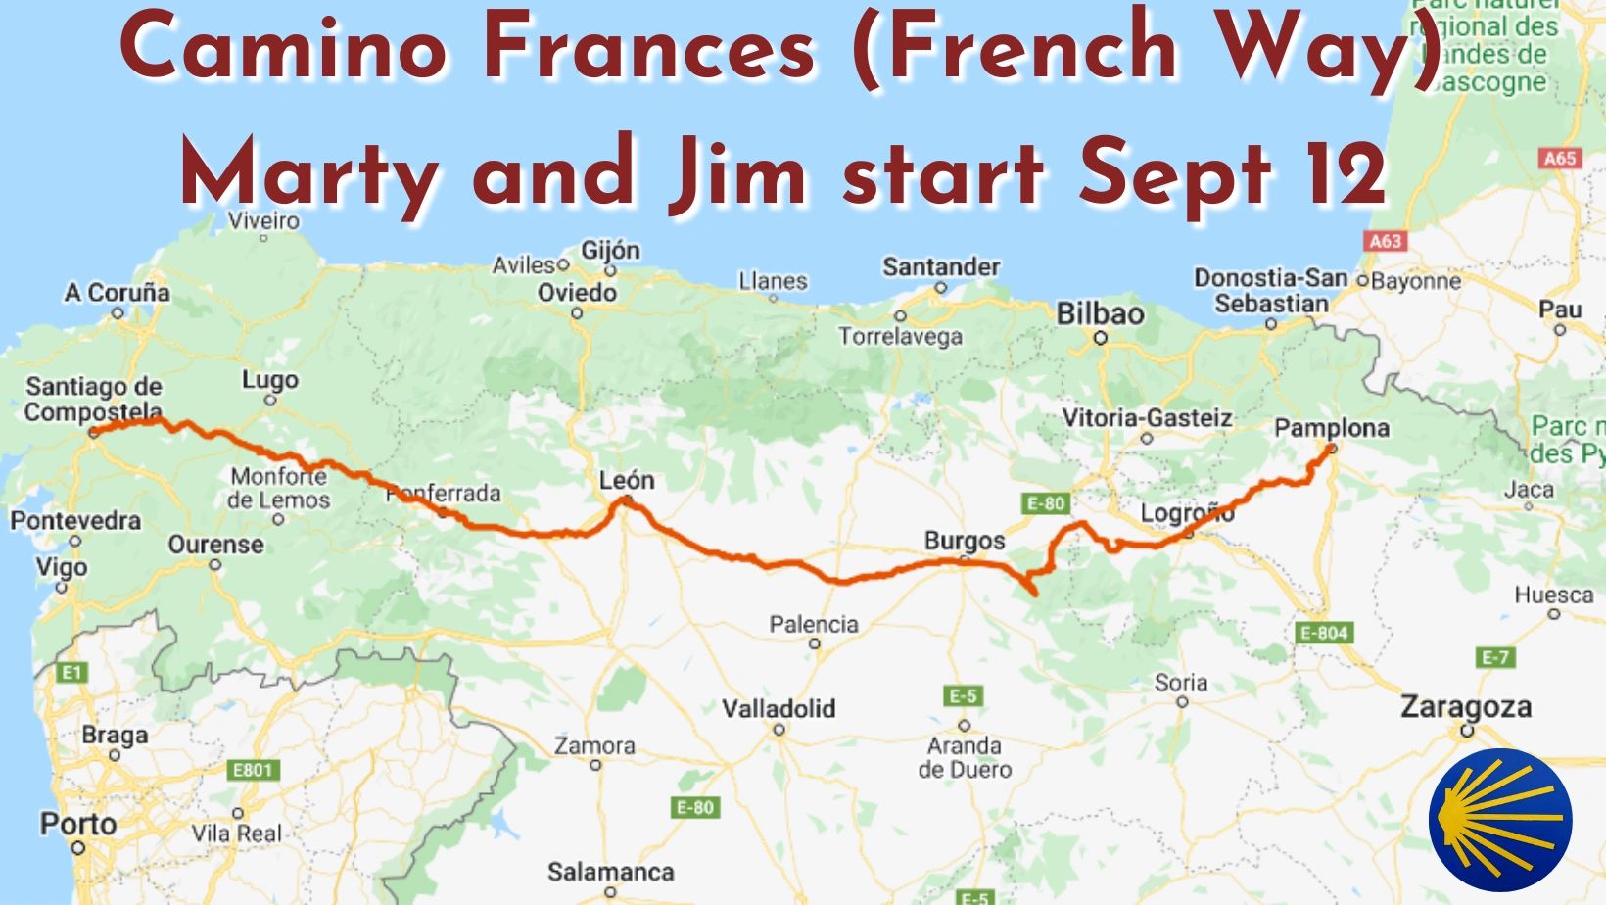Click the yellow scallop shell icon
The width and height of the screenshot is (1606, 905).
1500,820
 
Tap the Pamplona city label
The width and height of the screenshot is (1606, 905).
1331,428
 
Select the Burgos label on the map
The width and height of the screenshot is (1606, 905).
964,541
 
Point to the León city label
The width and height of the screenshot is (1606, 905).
627,480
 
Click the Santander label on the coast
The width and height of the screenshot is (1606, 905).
940,266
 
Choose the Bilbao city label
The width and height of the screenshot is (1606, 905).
1100,313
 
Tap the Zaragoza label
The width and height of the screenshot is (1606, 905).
1465,706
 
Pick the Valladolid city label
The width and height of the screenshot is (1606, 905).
779,708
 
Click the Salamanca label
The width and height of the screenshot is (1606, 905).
610,871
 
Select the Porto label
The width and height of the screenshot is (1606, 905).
77,824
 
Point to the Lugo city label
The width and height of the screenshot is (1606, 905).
270,380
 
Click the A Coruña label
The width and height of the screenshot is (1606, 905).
117,292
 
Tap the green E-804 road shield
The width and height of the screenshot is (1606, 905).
1324,633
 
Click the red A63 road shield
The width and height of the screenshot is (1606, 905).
1385,241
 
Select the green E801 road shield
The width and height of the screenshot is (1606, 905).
252,770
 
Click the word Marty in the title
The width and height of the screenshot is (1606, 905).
309,174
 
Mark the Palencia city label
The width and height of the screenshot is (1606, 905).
813,624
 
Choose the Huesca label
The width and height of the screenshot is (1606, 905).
1553,595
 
